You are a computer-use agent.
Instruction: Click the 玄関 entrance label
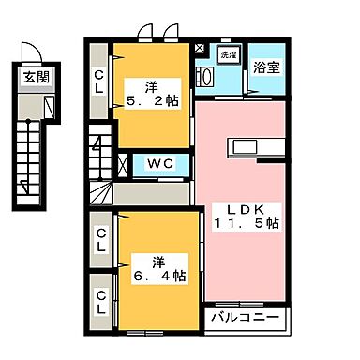pyautogui.click(x=31, y=76)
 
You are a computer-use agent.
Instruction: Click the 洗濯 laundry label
pyautogui.click(x=230, y=55)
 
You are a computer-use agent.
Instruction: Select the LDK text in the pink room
pyautogui.click(x=241, y=206)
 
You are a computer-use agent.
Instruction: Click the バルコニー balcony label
pyautogui.click(x=244, y=318)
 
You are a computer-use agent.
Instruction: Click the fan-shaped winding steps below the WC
pyautogui.click(x=101, y=195)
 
